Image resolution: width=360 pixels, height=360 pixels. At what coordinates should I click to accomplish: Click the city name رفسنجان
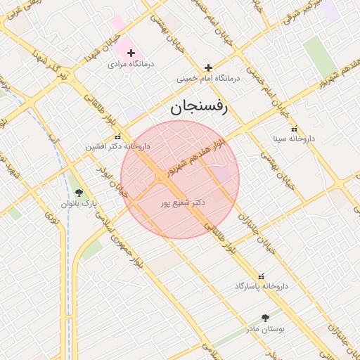200,107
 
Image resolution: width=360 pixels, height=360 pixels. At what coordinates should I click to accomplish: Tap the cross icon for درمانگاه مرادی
131,53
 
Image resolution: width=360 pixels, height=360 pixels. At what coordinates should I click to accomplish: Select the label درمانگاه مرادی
131,63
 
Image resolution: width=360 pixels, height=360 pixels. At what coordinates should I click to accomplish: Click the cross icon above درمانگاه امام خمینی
208,68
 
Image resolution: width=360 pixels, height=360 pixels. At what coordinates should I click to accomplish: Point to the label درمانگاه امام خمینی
208,78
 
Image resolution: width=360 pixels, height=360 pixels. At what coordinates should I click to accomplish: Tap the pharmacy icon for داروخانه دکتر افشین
117,136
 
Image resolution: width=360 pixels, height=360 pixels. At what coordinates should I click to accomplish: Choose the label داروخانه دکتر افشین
117,147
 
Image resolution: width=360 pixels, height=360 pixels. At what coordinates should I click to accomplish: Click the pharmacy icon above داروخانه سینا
294,129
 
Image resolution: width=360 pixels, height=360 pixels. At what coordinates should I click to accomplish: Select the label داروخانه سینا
294,139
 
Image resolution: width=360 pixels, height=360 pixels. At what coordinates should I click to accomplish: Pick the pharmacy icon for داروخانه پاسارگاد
262,276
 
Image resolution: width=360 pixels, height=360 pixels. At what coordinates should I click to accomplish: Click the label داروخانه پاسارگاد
262,287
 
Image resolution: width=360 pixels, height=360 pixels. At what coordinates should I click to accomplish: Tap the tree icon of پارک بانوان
78,193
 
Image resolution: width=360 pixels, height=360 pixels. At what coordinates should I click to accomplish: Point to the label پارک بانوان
78,203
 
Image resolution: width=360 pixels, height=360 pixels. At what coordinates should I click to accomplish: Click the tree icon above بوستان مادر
264,318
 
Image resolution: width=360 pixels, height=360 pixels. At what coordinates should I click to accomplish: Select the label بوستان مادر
264,328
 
